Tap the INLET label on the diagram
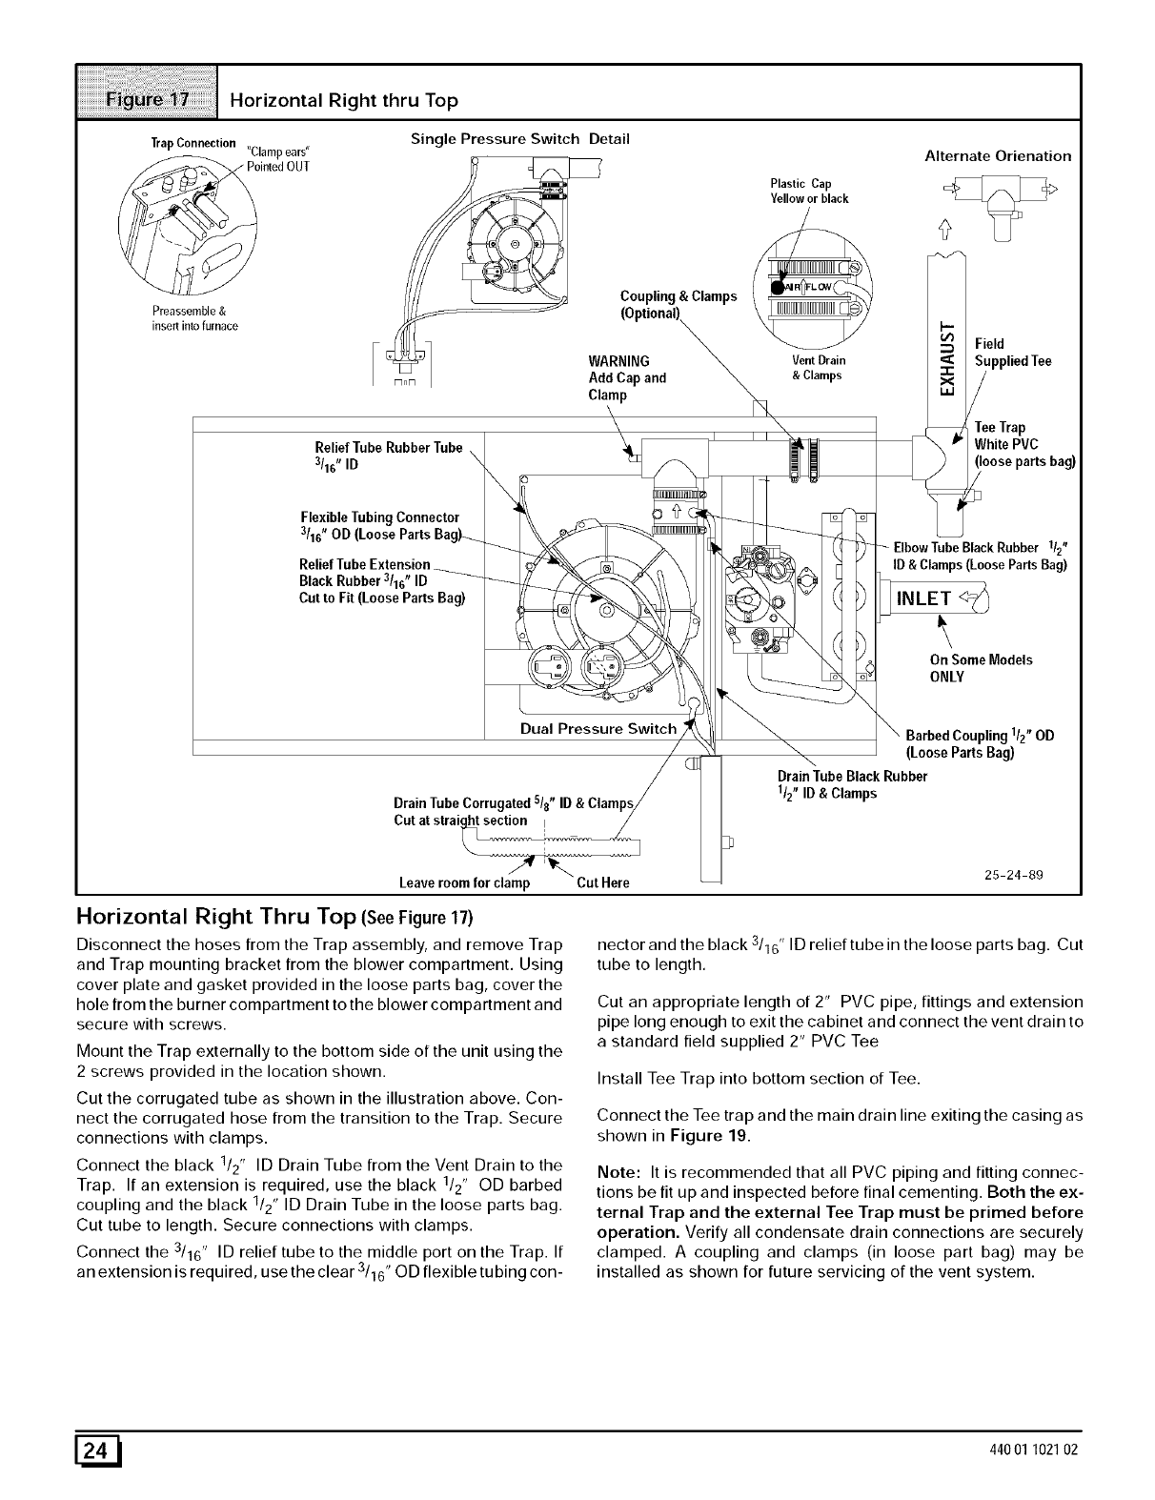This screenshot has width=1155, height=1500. (x=924, y=598)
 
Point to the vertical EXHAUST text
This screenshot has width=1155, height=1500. (x=947, y=357)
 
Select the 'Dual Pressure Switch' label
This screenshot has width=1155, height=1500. (x=598, y=729)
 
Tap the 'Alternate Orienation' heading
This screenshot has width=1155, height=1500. (x=998, y=155)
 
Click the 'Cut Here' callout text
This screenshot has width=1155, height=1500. (x=602, y=882)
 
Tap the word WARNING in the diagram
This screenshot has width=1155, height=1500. (x=619, y=361)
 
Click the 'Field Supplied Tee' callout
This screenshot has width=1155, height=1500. (x=1013, y=353)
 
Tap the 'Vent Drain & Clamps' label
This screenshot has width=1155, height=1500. (x=816, y=368)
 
